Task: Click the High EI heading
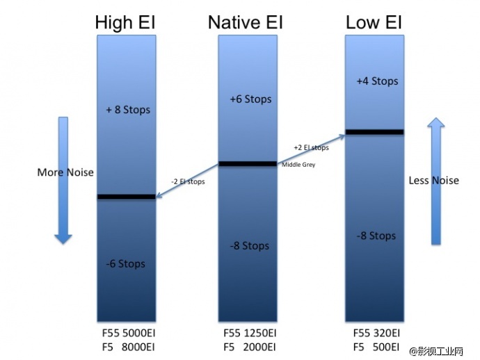pyautogui.click(x=125, y=23)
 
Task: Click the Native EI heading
pyautogui.click(x=245, y=23)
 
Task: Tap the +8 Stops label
pyautogui.click(x=128, y=110)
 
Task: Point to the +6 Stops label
pyautogui.click(x=250, y=99)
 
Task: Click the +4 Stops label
pyautogui.click(x=377, y=81)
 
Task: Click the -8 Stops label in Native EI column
pyautogui.click(x=248, y=245)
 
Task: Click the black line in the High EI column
pyautogui.click(x=127, y=197)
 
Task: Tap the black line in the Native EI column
pyautogui.click(x=248, y=164)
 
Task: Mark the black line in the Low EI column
pyautogui.click(x=374, y=131)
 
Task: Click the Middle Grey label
pyautogui.click(x=298, y=165)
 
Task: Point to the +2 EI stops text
pyautogui.click(x=311, y=147)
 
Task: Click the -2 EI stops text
pyautogui.click(x=187, y=181)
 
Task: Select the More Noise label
pyautogui.click(x=65, y=172)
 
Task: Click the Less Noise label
pyautogui.click(x=434, y=181)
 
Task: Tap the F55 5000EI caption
pyautogui.click(x=127, y=334)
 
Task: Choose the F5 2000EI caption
pyautogui.click(x=248, y=346)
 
